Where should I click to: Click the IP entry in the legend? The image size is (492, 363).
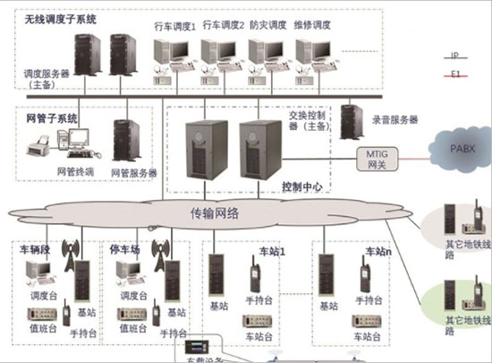457,53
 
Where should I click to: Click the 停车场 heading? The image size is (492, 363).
125,246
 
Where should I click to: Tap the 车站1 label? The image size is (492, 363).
271,252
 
